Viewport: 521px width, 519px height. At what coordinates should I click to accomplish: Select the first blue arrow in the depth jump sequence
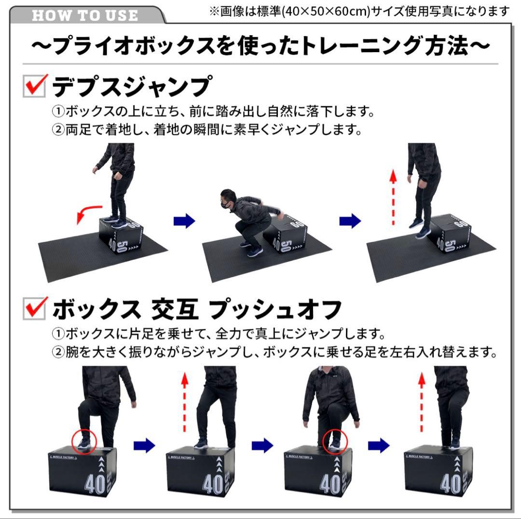184,222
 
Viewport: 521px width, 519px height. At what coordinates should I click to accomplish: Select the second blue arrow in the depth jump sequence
350,222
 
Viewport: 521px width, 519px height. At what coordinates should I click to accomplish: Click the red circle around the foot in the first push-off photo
84,440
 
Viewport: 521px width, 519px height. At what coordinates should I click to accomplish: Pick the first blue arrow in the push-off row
144,445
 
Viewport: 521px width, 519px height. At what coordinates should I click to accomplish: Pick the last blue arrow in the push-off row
379,445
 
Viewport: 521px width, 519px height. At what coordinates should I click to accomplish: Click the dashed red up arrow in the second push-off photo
184,403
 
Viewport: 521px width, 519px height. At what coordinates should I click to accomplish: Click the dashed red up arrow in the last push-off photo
422,403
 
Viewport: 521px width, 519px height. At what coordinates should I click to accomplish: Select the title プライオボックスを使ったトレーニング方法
260,47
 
